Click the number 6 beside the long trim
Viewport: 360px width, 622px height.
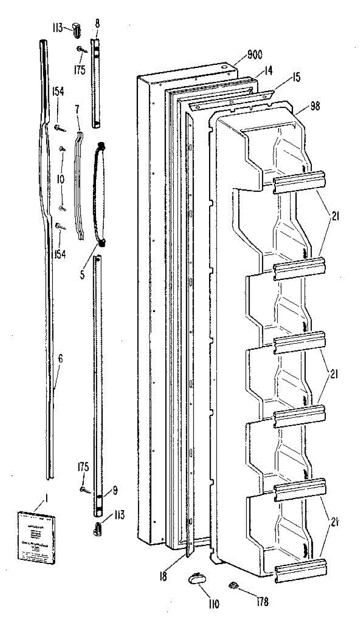pyautogui.click(x=60, y=358)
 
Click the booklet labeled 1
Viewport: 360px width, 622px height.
pyautogui.click(x=35, y=535)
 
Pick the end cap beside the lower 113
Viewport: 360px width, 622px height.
pyautogui.click(x=98, y=530)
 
